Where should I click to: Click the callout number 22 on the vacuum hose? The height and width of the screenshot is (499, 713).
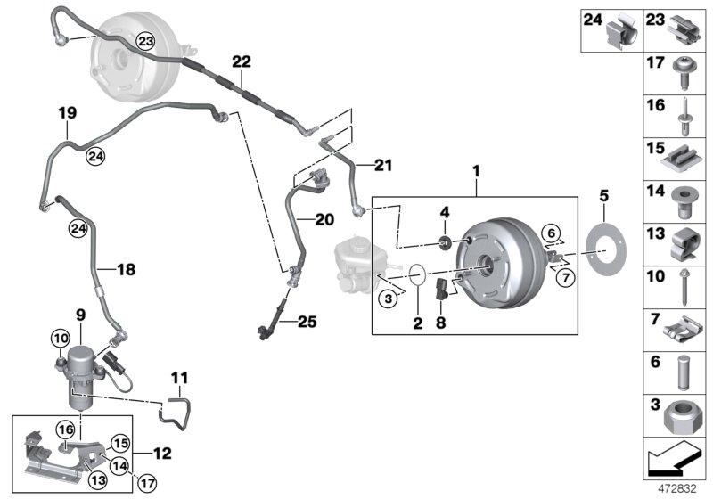click(242, 61)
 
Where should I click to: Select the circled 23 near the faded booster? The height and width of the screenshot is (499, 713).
click(145, 40)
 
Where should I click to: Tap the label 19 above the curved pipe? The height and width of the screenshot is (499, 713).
click(68, 114)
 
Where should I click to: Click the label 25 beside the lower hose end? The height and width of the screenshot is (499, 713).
click(307, 320)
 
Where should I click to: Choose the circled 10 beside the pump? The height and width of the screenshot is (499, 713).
click(59, 338)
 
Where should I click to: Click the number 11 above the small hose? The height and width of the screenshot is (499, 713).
click(179, 378)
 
